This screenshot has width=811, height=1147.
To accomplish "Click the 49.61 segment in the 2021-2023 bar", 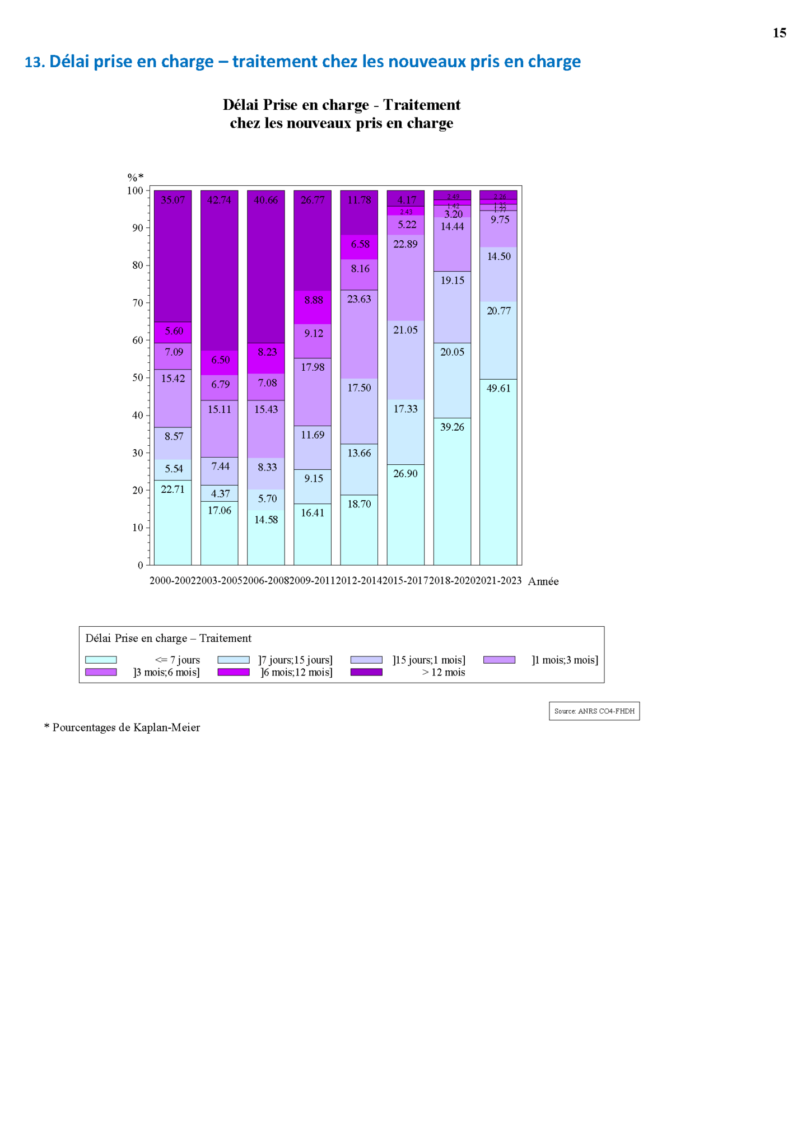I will click(x=498, y=472).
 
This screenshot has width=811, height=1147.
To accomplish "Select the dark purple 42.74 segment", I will click(x=219, y=270).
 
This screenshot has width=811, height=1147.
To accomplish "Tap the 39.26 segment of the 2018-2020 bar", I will click(x=452, y=491).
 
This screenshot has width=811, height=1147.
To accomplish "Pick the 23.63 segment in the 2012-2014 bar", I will click(x=358, y=334).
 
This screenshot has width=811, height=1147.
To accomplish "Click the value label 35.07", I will click(x=173, y=200).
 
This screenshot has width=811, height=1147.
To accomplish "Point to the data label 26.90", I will click(x=405, y=474).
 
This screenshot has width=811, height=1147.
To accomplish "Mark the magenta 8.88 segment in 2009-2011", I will click(x=313, y=307).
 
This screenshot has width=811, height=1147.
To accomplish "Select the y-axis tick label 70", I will click(x=137, y=303).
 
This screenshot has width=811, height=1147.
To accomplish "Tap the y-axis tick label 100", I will click(x=135, y=190).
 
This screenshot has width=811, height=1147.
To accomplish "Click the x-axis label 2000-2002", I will click(x=173, y=581).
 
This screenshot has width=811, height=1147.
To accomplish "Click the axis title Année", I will click(x=543, y=581).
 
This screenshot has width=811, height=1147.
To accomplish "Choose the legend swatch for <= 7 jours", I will click(x=101, y=660).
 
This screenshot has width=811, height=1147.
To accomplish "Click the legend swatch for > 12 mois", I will click(x=366, y=672).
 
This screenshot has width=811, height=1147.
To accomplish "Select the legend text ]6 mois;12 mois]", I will click(x=296, y=672).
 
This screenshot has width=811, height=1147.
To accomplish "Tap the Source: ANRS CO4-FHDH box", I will click(x=594, y=711).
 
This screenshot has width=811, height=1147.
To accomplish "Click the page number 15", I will click(x=779, y=33).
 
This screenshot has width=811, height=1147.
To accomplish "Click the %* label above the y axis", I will click(x=135, y=178).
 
